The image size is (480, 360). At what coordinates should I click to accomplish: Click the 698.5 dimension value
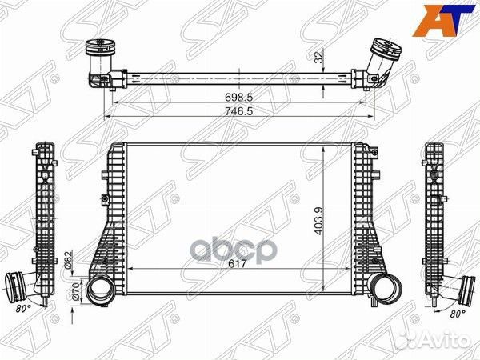pyautogui.click(x=238, y=98)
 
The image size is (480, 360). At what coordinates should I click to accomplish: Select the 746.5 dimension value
pyautogui.click(x=238, y=111)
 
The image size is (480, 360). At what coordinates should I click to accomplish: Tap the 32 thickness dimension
pyautogui.click(x=319, y=58)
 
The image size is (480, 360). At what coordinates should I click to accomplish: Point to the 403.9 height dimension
pyautogui.click(x=318, y=221)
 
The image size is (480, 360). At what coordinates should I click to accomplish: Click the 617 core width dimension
pyautogui.click(x=238, y=263)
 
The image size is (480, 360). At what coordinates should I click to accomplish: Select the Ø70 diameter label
pyautogui.click(x=76, y=291)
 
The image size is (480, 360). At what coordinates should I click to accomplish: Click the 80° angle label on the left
pyautogui.click(x=23, y=309)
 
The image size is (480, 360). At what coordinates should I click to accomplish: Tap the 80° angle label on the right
pyautogui.click(x=458, y=314)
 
